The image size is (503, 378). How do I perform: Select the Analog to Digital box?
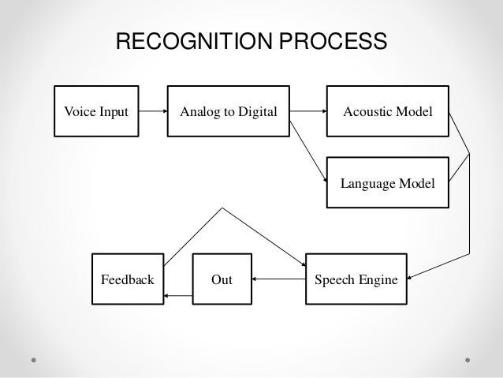229,112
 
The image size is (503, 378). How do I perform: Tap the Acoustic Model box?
386,112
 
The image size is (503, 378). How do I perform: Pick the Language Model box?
386,183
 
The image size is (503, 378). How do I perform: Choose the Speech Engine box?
356,279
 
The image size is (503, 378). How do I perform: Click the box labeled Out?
222,279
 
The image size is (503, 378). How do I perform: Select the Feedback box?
127,279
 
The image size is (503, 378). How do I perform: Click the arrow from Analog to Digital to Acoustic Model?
307,112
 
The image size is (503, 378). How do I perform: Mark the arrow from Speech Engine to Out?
277,279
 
